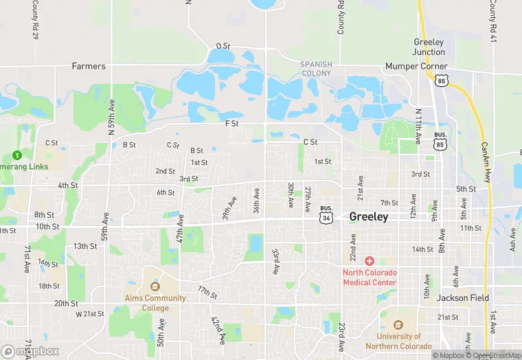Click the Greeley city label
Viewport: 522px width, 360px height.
[x=369, y=216]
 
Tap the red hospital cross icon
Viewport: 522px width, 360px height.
[x=370, y=261]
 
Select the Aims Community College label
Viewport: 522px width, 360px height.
[x=155, y=303]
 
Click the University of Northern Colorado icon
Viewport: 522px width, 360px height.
[x=399, y=325]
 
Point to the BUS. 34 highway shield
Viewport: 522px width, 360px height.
[x=326, y=215]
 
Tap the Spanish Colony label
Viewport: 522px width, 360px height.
[x=316, y=69]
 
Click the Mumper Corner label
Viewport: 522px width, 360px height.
[x=405, y=67]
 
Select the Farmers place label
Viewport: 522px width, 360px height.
[x=89, y=67]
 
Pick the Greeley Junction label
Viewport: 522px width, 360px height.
[x=429, y=47]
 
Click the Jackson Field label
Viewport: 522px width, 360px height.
[x=462, y=298]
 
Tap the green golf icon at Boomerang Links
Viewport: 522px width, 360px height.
[x=16, y=156]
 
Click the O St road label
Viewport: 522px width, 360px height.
[x=223, y=46]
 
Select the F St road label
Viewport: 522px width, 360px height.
[x=231, y=124]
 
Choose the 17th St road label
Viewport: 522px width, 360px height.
[x=207, y=292]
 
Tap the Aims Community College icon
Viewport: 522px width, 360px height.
[x=155, y=286]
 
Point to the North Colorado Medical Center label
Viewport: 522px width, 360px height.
[x=370, y=278]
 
